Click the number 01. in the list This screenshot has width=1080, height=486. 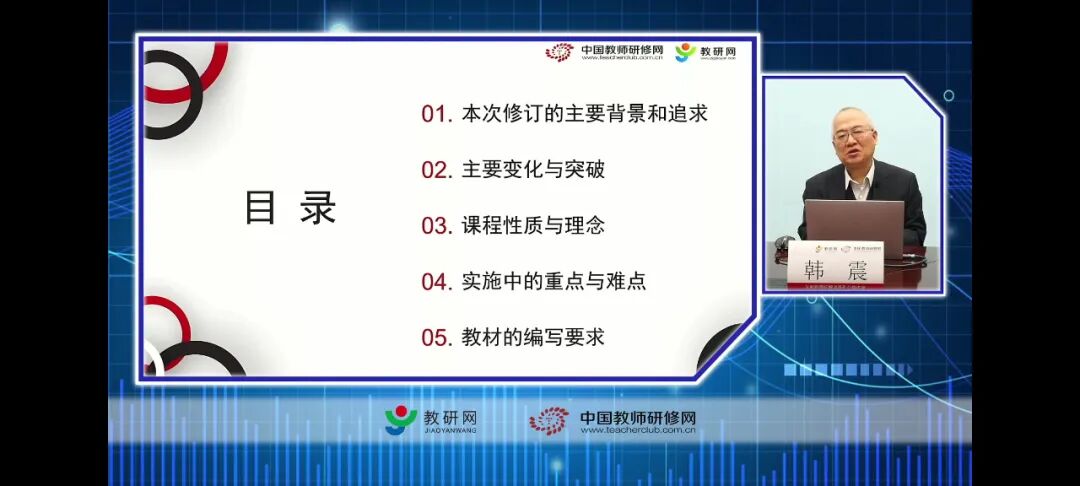pyautogui.click(x=436, y=114)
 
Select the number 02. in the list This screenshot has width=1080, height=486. pyautogui.click(x=437, y=170)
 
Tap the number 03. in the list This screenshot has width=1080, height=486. pyautogui.click(x=437, y=226)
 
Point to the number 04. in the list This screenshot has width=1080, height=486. pyautogui.click(x=437, y=282)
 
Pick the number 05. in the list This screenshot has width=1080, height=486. pyautogui.click(x=437, y=337)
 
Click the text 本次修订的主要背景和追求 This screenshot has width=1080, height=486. pyautogui.click(x=585, y=114)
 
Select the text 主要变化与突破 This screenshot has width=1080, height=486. pyautogui.click(x=533, y=170)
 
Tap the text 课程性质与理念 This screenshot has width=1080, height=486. pyautogui.click(x=533, y=226)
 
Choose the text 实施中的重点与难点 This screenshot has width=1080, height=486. pyautogui.click(x=554, y=282)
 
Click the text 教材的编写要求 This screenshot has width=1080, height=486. pyautogui.click(x=533, y=337)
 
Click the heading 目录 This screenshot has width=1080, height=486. pyautogui.click(x=290, y=208)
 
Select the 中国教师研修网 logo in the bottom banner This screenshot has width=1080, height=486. pyautogui.click(x=613, y=420)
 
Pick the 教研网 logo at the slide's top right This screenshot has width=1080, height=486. pyautogui.click(x=705, y=52)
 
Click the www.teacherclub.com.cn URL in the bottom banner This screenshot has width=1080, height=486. pyautogui.click(x=637, y=431)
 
